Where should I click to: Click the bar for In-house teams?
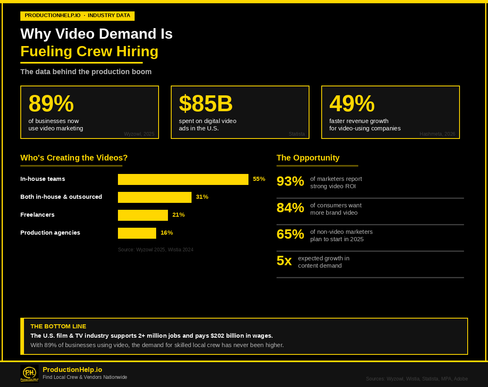point(183,179)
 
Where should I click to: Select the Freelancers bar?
point(143,215)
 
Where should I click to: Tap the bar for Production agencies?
point(137,233)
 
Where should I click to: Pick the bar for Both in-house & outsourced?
point(155,197)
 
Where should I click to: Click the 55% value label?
point(259,179)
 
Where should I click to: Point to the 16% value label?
point(167,233)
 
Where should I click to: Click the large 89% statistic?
point(51,103)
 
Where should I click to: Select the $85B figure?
point(206,103)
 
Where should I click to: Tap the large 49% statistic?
point(352,103)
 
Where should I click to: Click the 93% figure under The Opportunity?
point(290,181)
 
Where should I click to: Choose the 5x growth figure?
point(284,261)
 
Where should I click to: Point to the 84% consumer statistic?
point(290,208)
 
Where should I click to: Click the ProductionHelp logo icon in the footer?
point(29,374)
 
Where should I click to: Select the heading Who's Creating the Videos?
point(74,158)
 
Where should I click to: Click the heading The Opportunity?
point(308,158)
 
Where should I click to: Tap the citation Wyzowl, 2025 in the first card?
point(139,134)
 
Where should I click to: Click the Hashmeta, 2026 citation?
point(437,134)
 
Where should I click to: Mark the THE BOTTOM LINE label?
point(58,326)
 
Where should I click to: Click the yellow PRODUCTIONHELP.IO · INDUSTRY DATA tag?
point(77,15)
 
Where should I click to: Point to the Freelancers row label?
point(37,215)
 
